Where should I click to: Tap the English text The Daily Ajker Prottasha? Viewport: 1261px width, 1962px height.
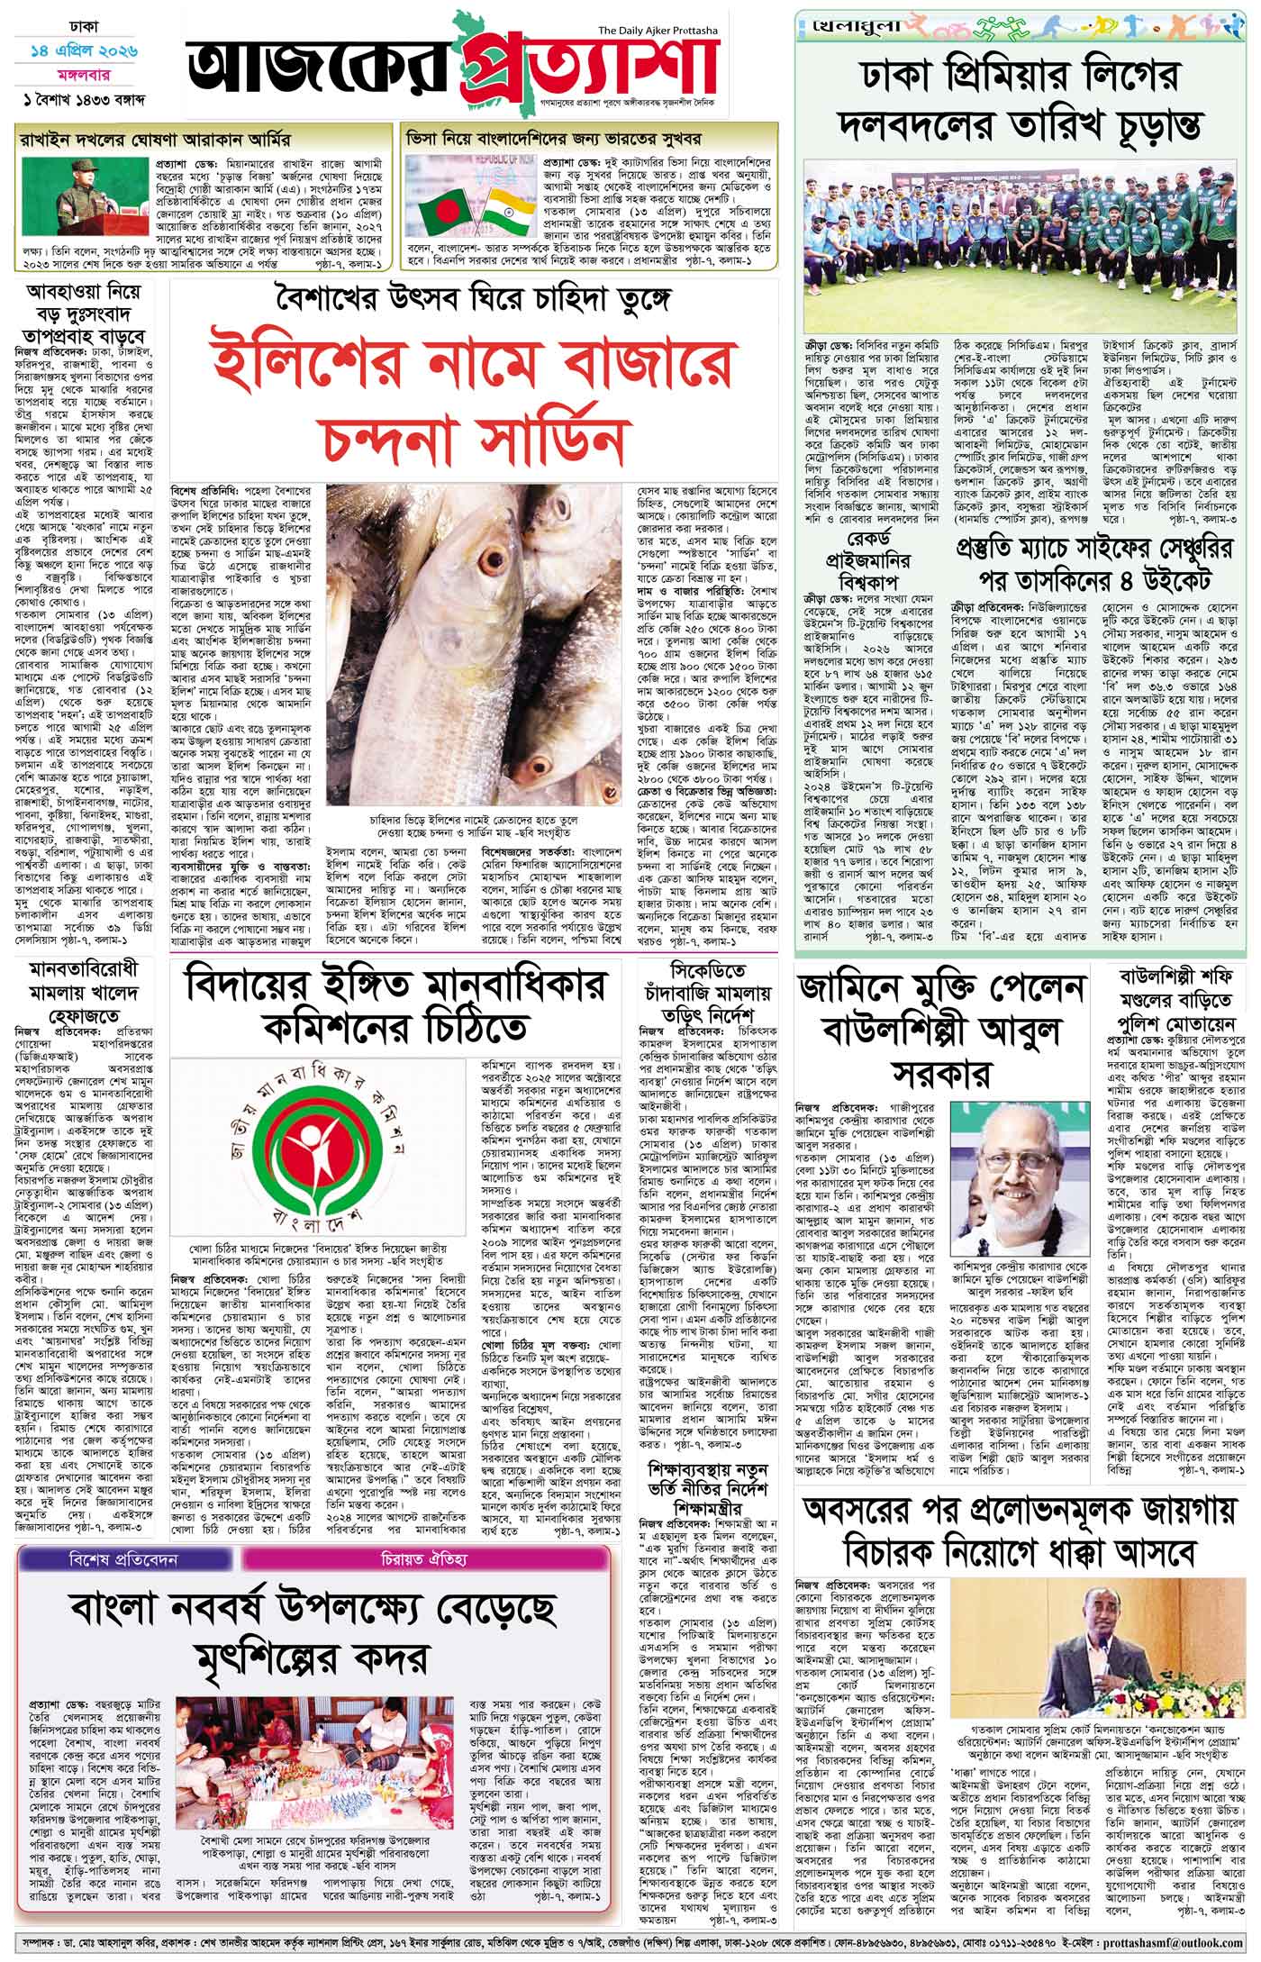[x=661, y=32]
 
